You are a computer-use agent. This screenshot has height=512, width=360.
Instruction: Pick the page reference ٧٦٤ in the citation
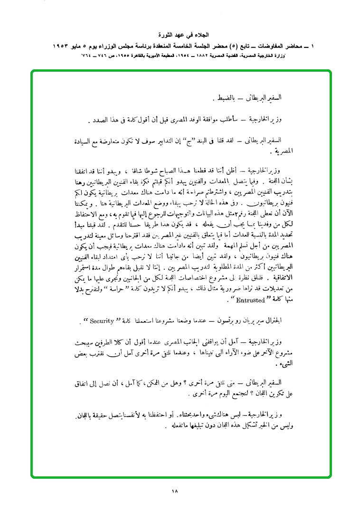87,56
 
